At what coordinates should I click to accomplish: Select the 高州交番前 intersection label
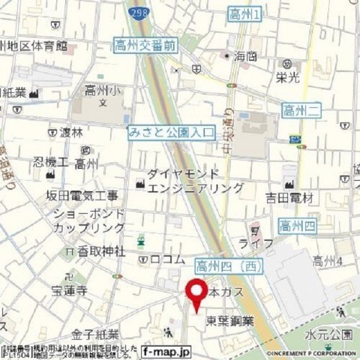[x=146, y=46]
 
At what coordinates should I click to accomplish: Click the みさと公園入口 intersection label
[x=172, y=133]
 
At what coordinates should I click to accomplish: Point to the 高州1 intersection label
[x=244, y=13]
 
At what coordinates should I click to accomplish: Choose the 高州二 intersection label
[x=299, y=111]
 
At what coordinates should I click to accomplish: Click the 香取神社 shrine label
[x=100, y=250]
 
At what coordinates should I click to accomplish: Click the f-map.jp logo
[x=166, y=351]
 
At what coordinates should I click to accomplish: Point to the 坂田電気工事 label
[x=82, y=196]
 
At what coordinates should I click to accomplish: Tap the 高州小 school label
[x=101, y=92]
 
